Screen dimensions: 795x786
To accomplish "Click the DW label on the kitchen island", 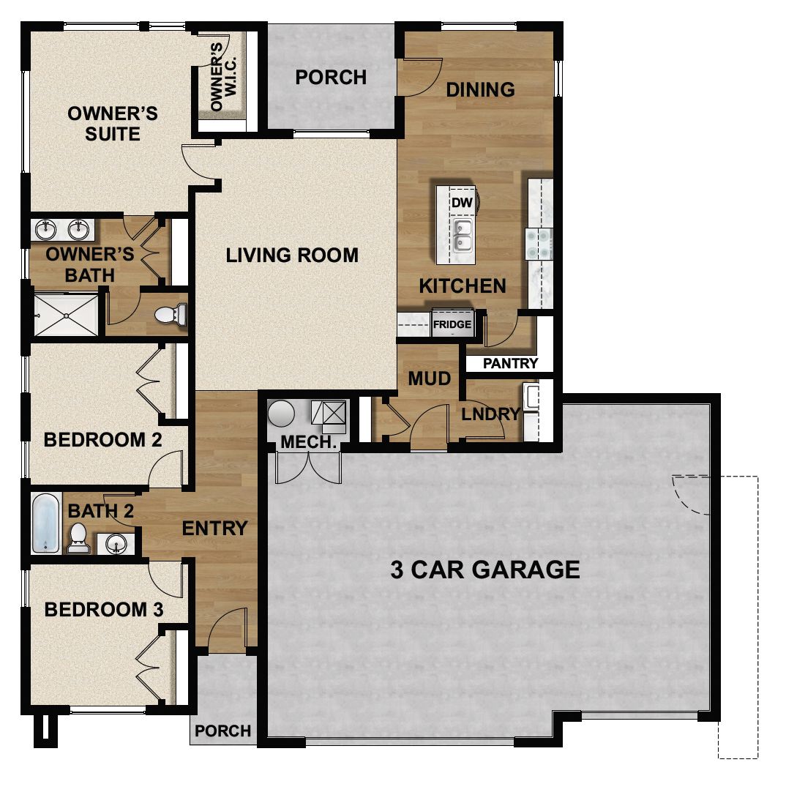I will click(460, 202).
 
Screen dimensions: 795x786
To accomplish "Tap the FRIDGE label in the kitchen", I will click(452, 324).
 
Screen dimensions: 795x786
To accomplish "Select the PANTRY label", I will click(511, 363).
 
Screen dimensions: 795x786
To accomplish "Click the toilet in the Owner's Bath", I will click(171, 315).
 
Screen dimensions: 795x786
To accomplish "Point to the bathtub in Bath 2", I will click(46, 523).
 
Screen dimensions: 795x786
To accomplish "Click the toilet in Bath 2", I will click(78, 537).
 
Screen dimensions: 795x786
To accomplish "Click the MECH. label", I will click(308, 442).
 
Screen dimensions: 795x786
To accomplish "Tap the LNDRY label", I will click(490, 414).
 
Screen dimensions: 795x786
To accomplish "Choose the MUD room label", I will click(429, 378).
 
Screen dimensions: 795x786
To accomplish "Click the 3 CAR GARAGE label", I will click(484, 569).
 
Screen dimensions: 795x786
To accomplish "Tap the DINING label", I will click(480, 89).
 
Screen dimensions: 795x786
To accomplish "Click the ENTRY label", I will click(214, 528).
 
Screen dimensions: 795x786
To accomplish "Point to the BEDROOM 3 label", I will click(103, 609).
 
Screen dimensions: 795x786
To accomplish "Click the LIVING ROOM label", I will click(292, 255).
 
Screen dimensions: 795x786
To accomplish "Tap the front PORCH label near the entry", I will click(223, 731).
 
